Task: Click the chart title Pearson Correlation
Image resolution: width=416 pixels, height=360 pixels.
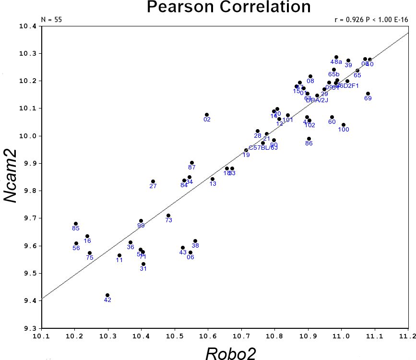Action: pyautogui.click(x=228, y=7)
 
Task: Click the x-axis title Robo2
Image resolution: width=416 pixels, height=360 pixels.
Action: pyautogui.click(x=231, y=353)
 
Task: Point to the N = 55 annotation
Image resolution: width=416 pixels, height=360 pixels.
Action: pyautogui.click(x=52, y=20)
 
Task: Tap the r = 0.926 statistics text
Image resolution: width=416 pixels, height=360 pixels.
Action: pyautogui.click(x=371, y=20)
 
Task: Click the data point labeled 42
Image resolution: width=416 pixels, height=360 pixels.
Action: pyautogui.click(x=107, y=295)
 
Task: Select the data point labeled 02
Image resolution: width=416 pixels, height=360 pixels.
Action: pyautogui.click(x=207, y=115)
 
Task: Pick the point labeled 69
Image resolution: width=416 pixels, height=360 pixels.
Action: pyautogui.click(x=368, y=94)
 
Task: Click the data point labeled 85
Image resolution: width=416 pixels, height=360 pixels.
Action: pyautogui.click(x=76, y=224)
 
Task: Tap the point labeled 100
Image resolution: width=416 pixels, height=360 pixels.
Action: pyautogui.click(x=344, y=125)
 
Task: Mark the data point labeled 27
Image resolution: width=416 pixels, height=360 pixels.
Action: pyautogui.click(x=153, y=181)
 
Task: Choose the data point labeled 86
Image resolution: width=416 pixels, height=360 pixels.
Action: pyautogui.click(x=309, y=139)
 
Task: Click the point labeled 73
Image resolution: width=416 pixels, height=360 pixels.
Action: pyautogui.click(x=168, y=216)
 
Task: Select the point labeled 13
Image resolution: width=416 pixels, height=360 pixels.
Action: pyautogui.click(x=213, y=179)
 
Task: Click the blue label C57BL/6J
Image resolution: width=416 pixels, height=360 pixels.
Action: pyautogui.click(x=263, y=148)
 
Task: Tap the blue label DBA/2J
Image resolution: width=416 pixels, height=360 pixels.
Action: pyautogui.click(x=317, y=100)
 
